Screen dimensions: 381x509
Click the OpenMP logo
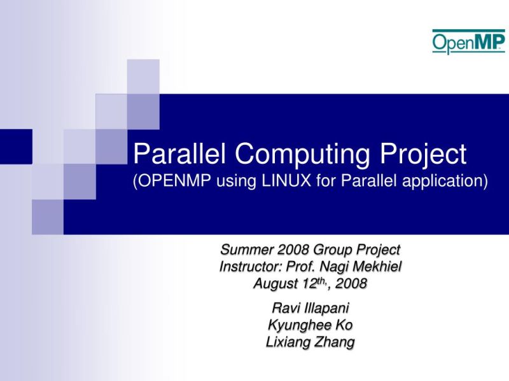coord(468,42)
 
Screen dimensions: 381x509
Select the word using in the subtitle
coord(235,182)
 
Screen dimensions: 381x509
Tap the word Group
coord(333,250)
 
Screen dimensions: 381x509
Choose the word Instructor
coord(248,267)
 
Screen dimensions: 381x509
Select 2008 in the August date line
coord(351,284)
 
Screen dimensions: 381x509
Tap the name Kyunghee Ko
coord(310,325)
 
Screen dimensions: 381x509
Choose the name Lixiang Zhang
coord(310,342)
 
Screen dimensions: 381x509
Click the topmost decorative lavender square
coord(143,76)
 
